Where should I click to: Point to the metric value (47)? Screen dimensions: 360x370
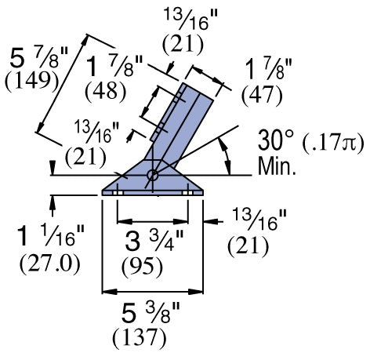256,95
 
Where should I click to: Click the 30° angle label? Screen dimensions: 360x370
277,142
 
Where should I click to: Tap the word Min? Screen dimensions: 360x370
277,165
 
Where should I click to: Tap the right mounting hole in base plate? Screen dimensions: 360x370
189,191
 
